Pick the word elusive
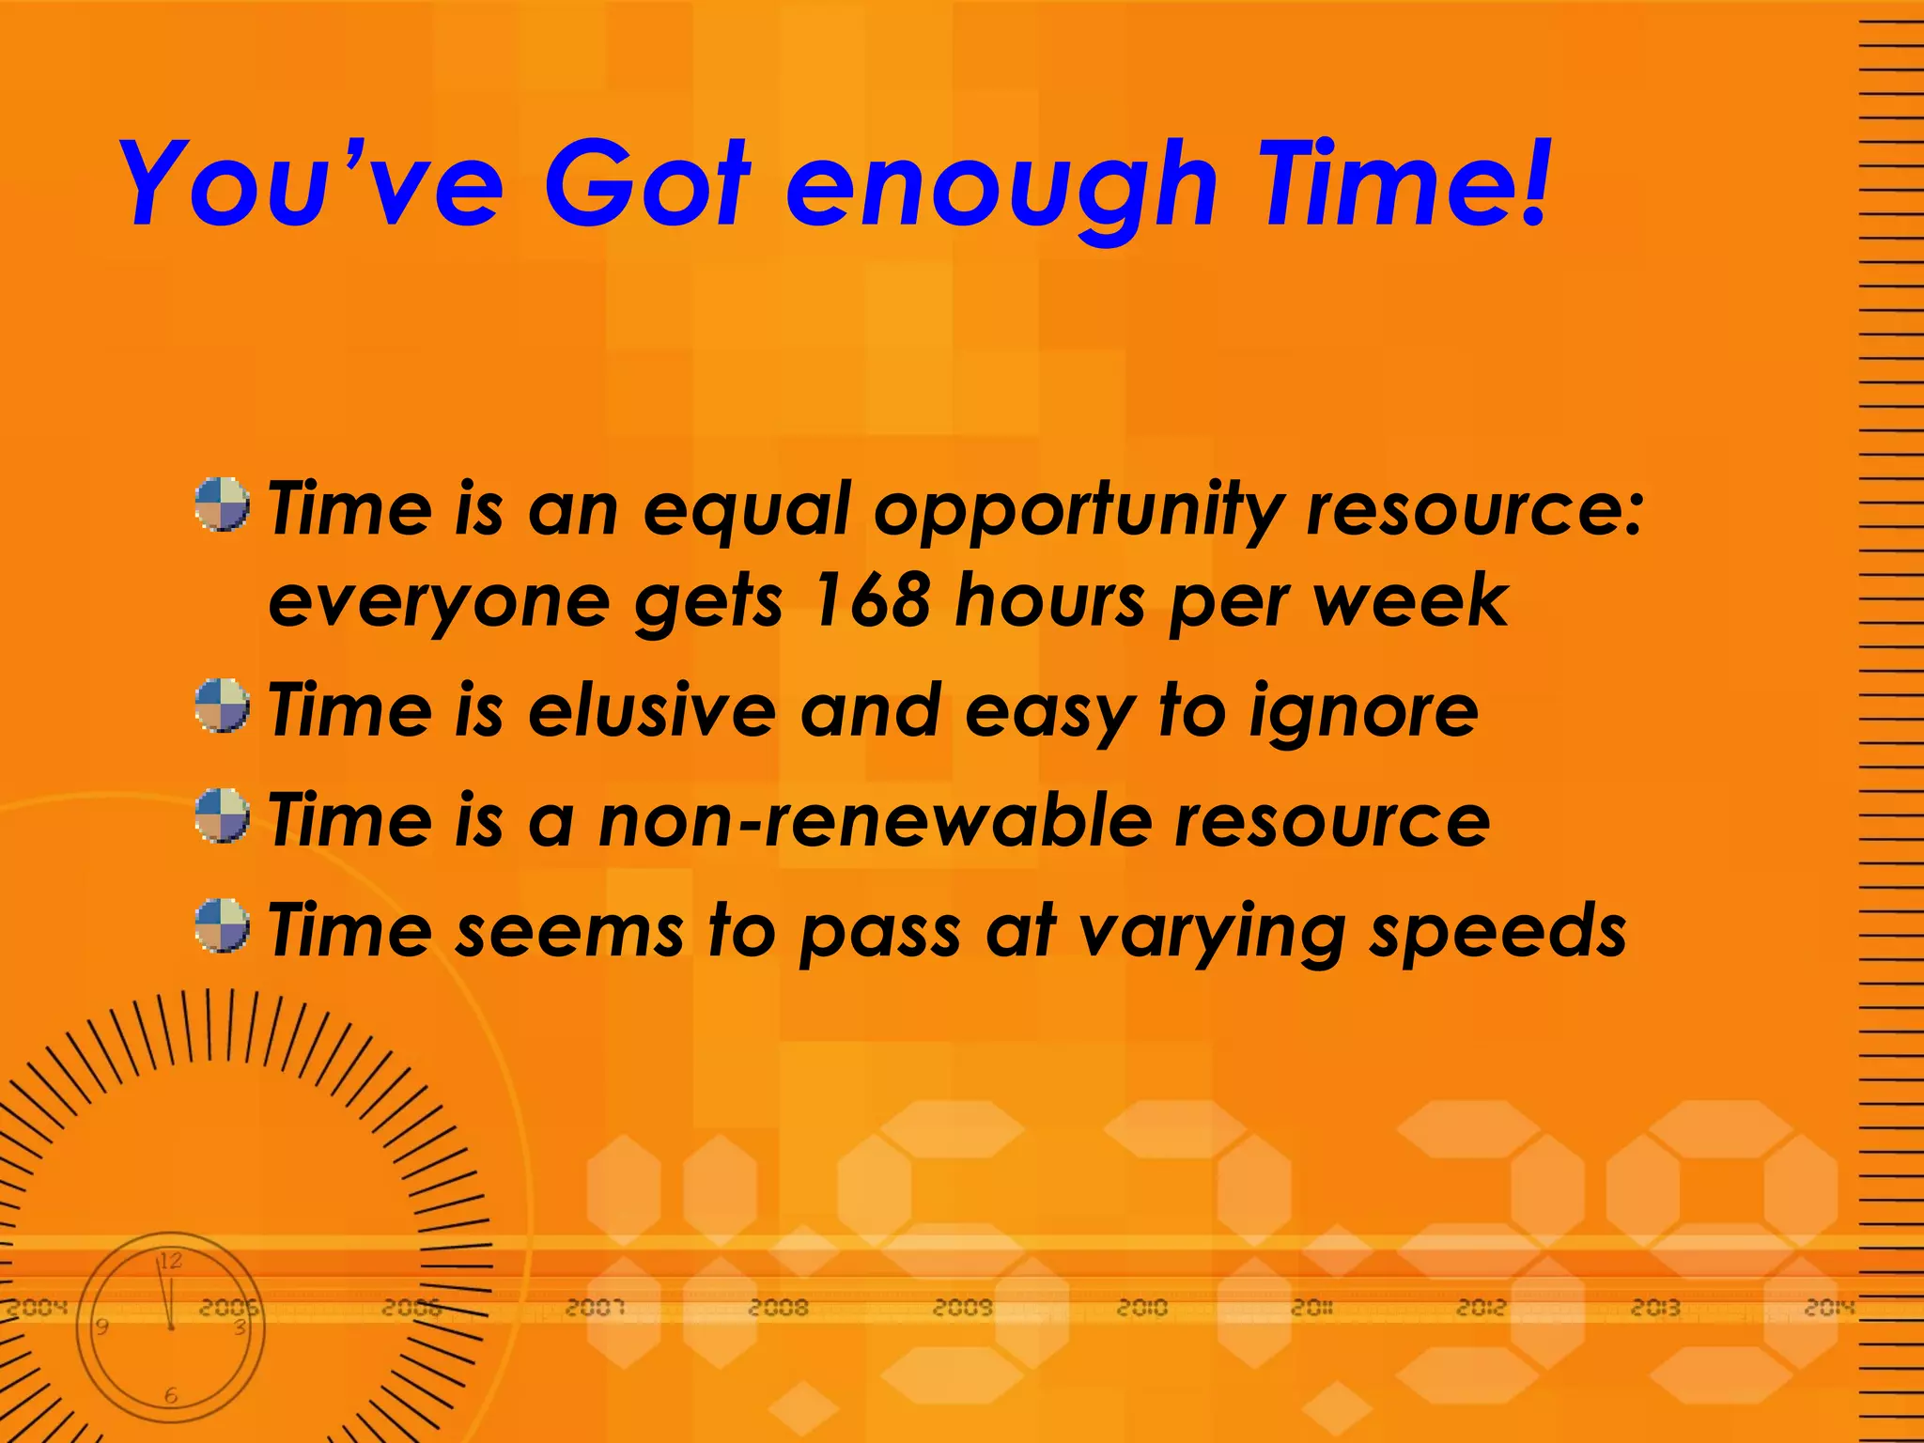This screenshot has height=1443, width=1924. pos(652,710)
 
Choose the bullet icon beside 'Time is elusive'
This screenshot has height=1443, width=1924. pos(223,706)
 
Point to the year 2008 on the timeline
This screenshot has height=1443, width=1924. pos(778,1307)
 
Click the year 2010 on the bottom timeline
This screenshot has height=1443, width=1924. pos(1141,1307)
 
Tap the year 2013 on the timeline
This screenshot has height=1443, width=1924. pos(1655,1307)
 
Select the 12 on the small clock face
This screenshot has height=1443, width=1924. pos(170,1261)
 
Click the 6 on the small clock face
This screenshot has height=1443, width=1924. pos(171,1396)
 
